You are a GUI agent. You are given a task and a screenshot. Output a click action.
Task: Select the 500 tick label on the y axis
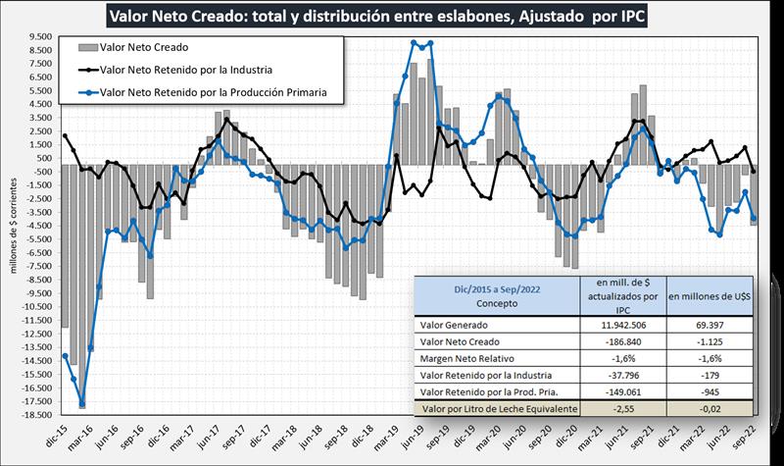point(44,157)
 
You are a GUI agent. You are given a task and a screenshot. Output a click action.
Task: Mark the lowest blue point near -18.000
point(82,403)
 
